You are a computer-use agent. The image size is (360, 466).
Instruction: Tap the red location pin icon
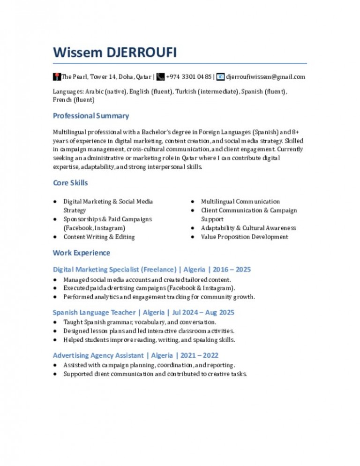tap(56, 76)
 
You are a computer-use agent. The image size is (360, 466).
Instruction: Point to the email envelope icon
tap(221, 76)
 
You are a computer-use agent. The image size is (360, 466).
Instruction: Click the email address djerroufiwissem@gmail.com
tap(266, 77)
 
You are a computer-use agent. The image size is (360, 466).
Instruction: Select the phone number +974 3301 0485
tap(189, 77)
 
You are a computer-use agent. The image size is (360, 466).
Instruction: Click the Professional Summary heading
tap(91, 116)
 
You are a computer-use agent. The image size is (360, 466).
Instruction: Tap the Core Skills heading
tap(70, 183)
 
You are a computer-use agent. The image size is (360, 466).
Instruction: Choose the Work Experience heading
tap(82, 253)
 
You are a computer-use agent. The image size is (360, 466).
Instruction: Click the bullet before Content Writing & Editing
tap(55, 237)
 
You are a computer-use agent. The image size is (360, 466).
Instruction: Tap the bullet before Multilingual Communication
tap(193, 202)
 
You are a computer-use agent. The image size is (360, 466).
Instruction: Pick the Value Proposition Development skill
tap(244, 237)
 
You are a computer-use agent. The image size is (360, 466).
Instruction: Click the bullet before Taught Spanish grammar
tap(55, 323)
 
